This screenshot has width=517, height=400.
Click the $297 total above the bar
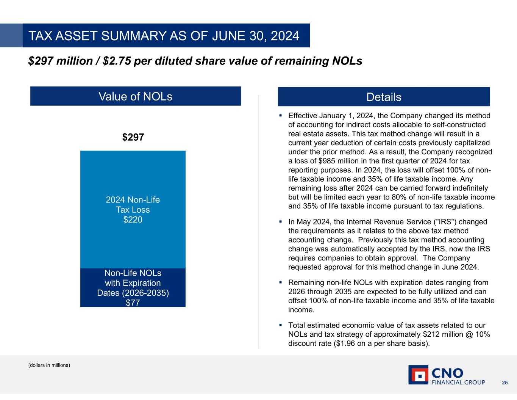[133, 137]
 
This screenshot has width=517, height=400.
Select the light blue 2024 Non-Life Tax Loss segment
[133, 178]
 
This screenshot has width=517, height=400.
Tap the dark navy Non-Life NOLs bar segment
[133, 287]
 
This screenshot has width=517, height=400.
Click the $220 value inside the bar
[133, 220]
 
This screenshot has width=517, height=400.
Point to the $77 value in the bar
[133, 303]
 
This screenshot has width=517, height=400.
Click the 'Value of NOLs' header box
[135, 96]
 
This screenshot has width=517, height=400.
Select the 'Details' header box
[383, 97]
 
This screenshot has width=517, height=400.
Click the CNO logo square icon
[418, 375]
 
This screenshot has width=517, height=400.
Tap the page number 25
[505, 382]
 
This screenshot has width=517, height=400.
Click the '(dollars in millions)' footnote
[49, 365]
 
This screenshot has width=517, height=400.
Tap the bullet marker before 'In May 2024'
[281, 221]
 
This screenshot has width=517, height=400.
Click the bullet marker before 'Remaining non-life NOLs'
[281, 282]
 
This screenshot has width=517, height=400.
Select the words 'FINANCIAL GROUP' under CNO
[458, 382]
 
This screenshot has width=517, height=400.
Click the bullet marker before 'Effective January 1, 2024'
[281, 115]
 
